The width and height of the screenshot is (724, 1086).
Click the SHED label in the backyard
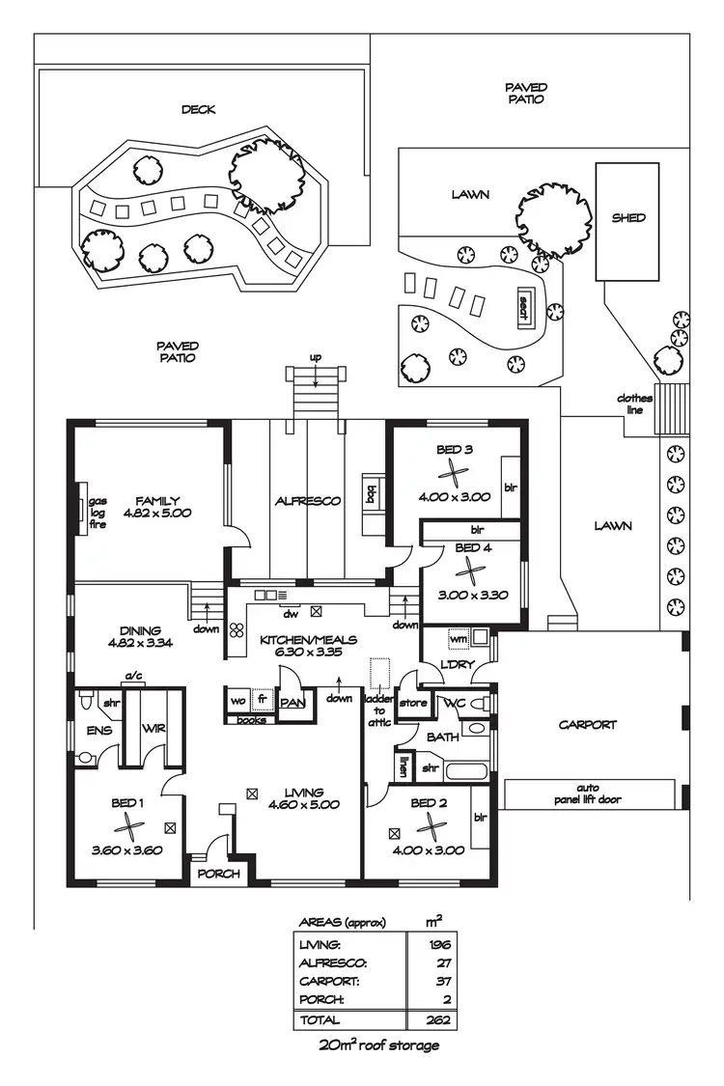(628, 218)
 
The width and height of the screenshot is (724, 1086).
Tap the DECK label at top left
(198, 110)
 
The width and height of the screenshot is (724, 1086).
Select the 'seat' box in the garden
(523, 308)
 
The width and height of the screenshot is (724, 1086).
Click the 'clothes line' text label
(634, 404)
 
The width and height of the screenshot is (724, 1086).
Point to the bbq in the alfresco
(370, 493)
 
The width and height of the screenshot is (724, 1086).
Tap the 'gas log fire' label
(97, 514)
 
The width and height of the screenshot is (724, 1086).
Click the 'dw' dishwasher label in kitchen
(288, 612)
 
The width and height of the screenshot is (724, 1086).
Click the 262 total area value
(440, 1018)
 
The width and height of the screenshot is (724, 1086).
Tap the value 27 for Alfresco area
(445, 962)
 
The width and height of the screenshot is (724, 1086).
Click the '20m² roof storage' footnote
(378, 1045)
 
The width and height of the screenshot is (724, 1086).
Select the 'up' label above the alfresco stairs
(315, 358)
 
